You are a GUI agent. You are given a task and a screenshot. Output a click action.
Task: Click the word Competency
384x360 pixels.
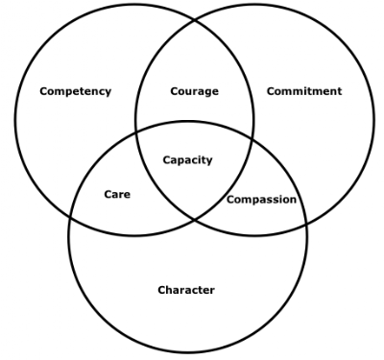(x=76, y=91)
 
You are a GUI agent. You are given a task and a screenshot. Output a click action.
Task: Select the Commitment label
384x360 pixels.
(x=304, y=91)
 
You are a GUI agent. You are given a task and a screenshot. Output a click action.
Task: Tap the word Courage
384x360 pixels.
(x=195, y=91)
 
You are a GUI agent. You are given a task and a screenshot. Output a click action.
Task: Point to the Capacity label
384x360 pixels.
(x=187, y=160)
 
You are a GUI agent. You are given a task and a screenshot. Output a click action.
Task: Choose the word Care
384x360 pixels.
(x=117, y=194)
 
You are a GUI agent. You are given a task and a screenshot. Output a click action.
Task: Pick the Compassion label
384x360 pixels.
(x=261, y=200)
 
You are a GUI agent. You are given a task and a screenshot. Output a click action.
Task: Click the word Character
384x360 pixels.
(x=186, y=290)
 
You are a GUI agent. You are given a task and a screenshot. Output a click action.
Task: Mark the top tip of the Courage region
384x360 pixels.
(x=195, y=20)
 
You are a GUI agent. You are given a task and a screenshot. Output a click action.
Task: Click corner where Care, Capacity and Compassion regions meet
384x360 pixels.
(x=195, y=220)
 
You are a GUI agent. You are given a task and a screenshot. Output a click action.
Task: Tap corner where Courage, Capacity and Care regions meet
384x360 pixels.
(x=137, y=132)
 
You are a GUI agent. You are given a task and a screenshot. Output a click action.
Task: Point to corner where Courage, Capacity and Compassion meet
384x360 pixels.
(x=252, y=139)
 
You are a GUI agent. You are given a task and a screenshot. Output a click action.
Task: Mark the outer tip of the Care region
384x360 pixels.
(x=70, y=216)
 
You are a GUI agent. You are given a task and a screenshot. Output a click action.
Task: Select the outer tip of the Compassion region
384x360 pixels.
(x=306, y=223)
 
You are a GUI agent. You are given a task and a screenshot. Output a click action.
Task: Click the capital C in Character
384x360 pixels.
(x=162, y=290)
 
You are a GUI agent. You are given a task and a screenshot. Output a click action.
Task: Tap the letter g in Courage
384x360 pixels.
(x=206, y=93)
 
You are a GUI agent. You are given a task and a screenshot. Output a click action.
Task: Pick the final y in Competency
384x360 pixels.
(x=108, y=93)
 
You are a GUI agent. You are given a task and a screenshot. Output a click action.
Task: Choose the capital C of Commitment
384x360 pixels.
(x=271, y=91)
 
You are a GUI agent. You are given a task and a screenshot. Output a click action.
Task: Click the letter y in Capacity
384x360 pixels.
(x=209, y=161)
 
